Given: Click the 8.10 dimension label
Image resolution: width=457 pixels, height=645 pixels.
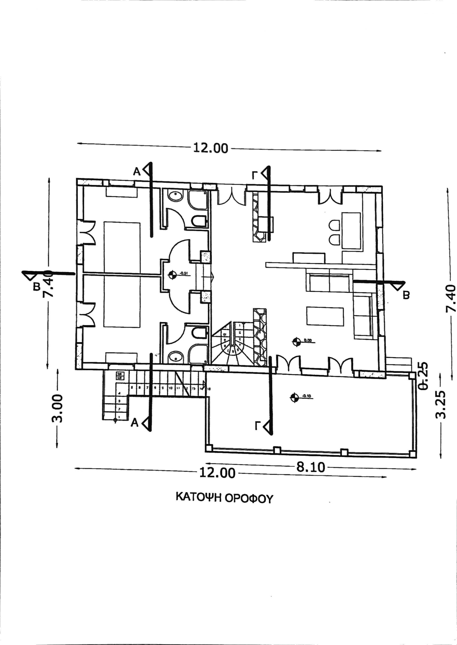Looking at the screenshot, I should point(310,468).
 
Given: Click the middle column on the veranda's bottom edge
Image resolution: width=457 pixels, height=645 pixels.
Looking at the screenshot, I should point(277,450).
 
